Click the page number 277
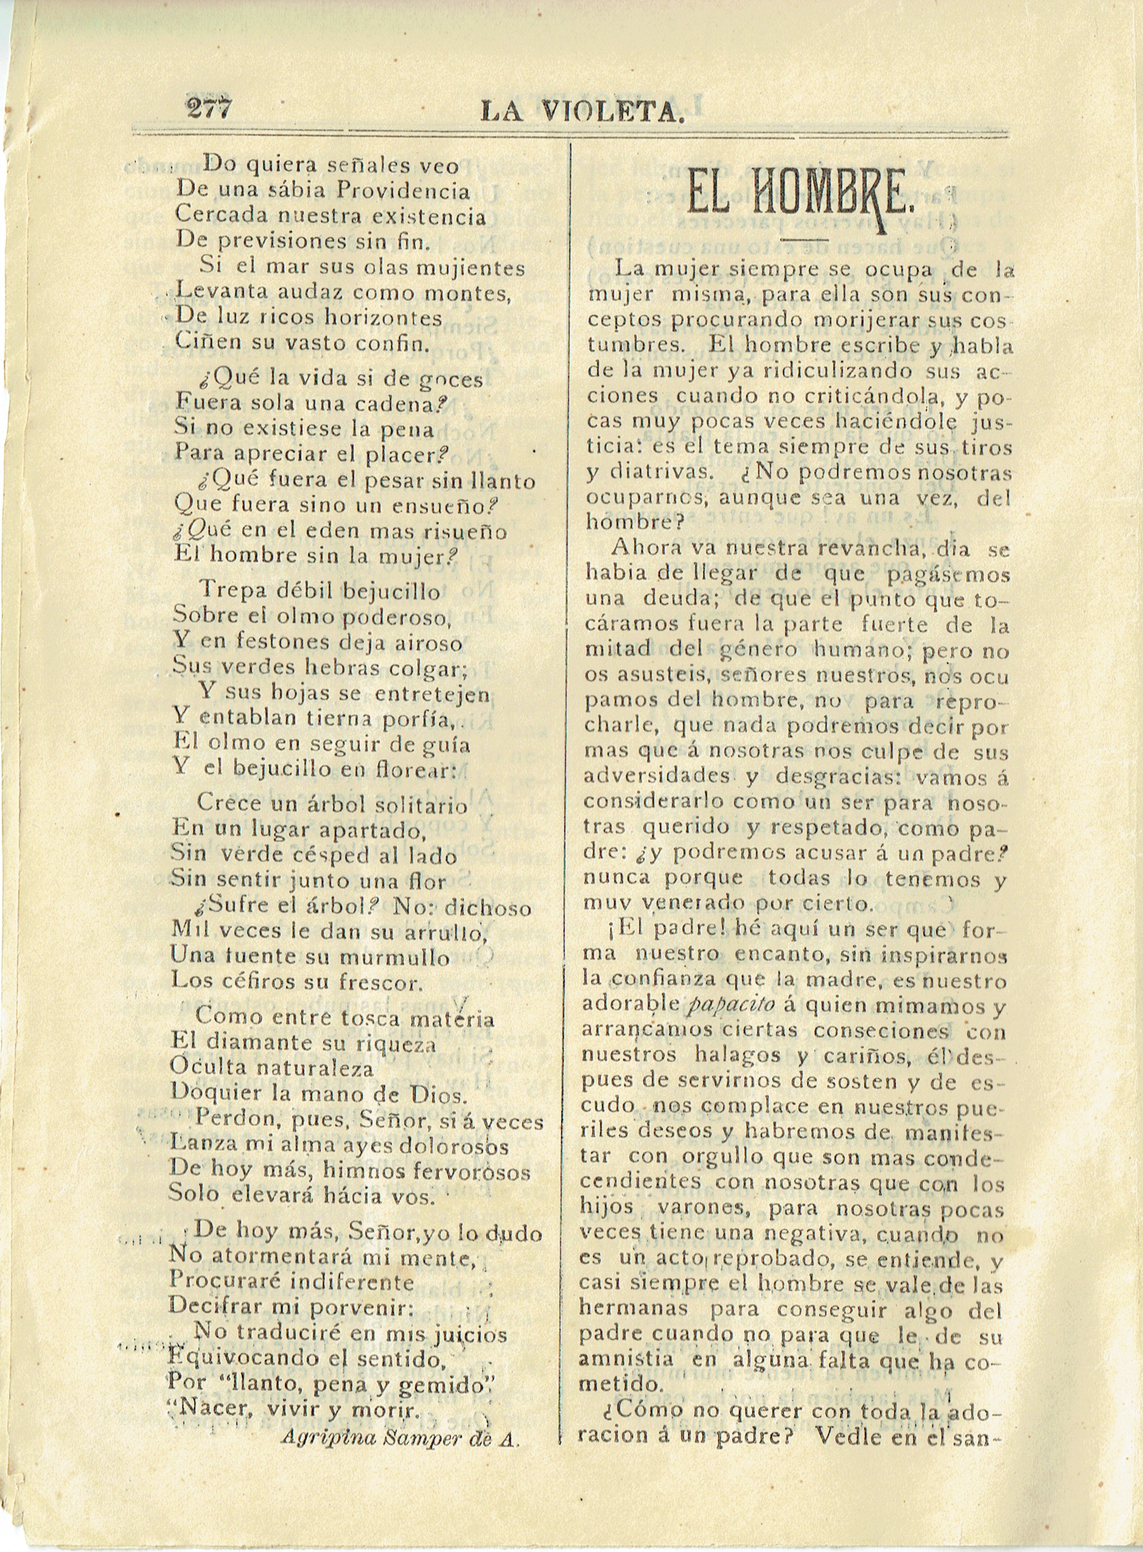click(208, 108)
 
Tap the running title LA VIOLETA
click(582, 111)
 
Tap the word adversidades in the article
click(657, 776)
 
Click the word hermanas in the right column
click(634, 1308)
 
